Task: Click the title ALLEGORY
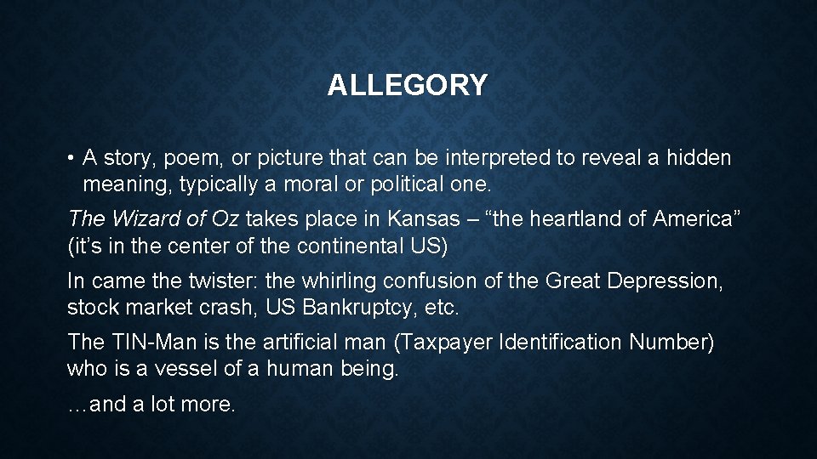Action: tap(408, 85)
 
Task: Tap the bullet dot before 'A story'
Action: tap(74, 159)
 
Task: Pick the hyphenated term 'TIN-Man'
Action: tap(145, 343)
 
